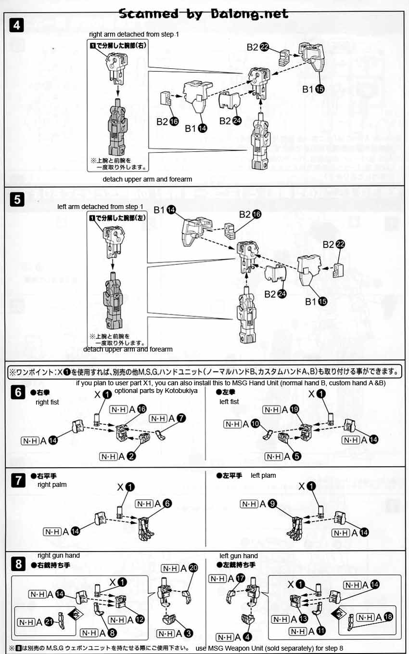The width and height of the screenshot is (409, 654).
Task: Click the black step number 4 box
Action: tap(17, 26)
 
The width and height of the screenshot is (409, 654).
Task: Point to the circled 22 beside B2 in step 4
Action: tap(265, 47)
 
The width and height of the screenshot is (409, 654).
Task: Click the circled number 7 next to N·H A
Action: tap(180, 418)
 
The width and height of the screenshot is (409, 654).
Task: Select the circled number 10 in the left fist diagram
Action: tap(256, 424)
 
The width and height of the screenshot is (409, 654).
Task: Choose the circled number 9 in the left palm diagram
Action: tap(272, 504)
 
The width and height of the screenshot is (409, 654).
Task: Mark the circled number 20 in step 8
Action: tap(193, 568)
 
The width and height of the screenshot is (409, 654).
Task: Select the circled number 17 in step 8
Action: tap(240, 577)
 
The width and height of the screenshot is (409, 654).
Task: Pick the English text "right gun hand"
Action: tap(58, 555)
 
